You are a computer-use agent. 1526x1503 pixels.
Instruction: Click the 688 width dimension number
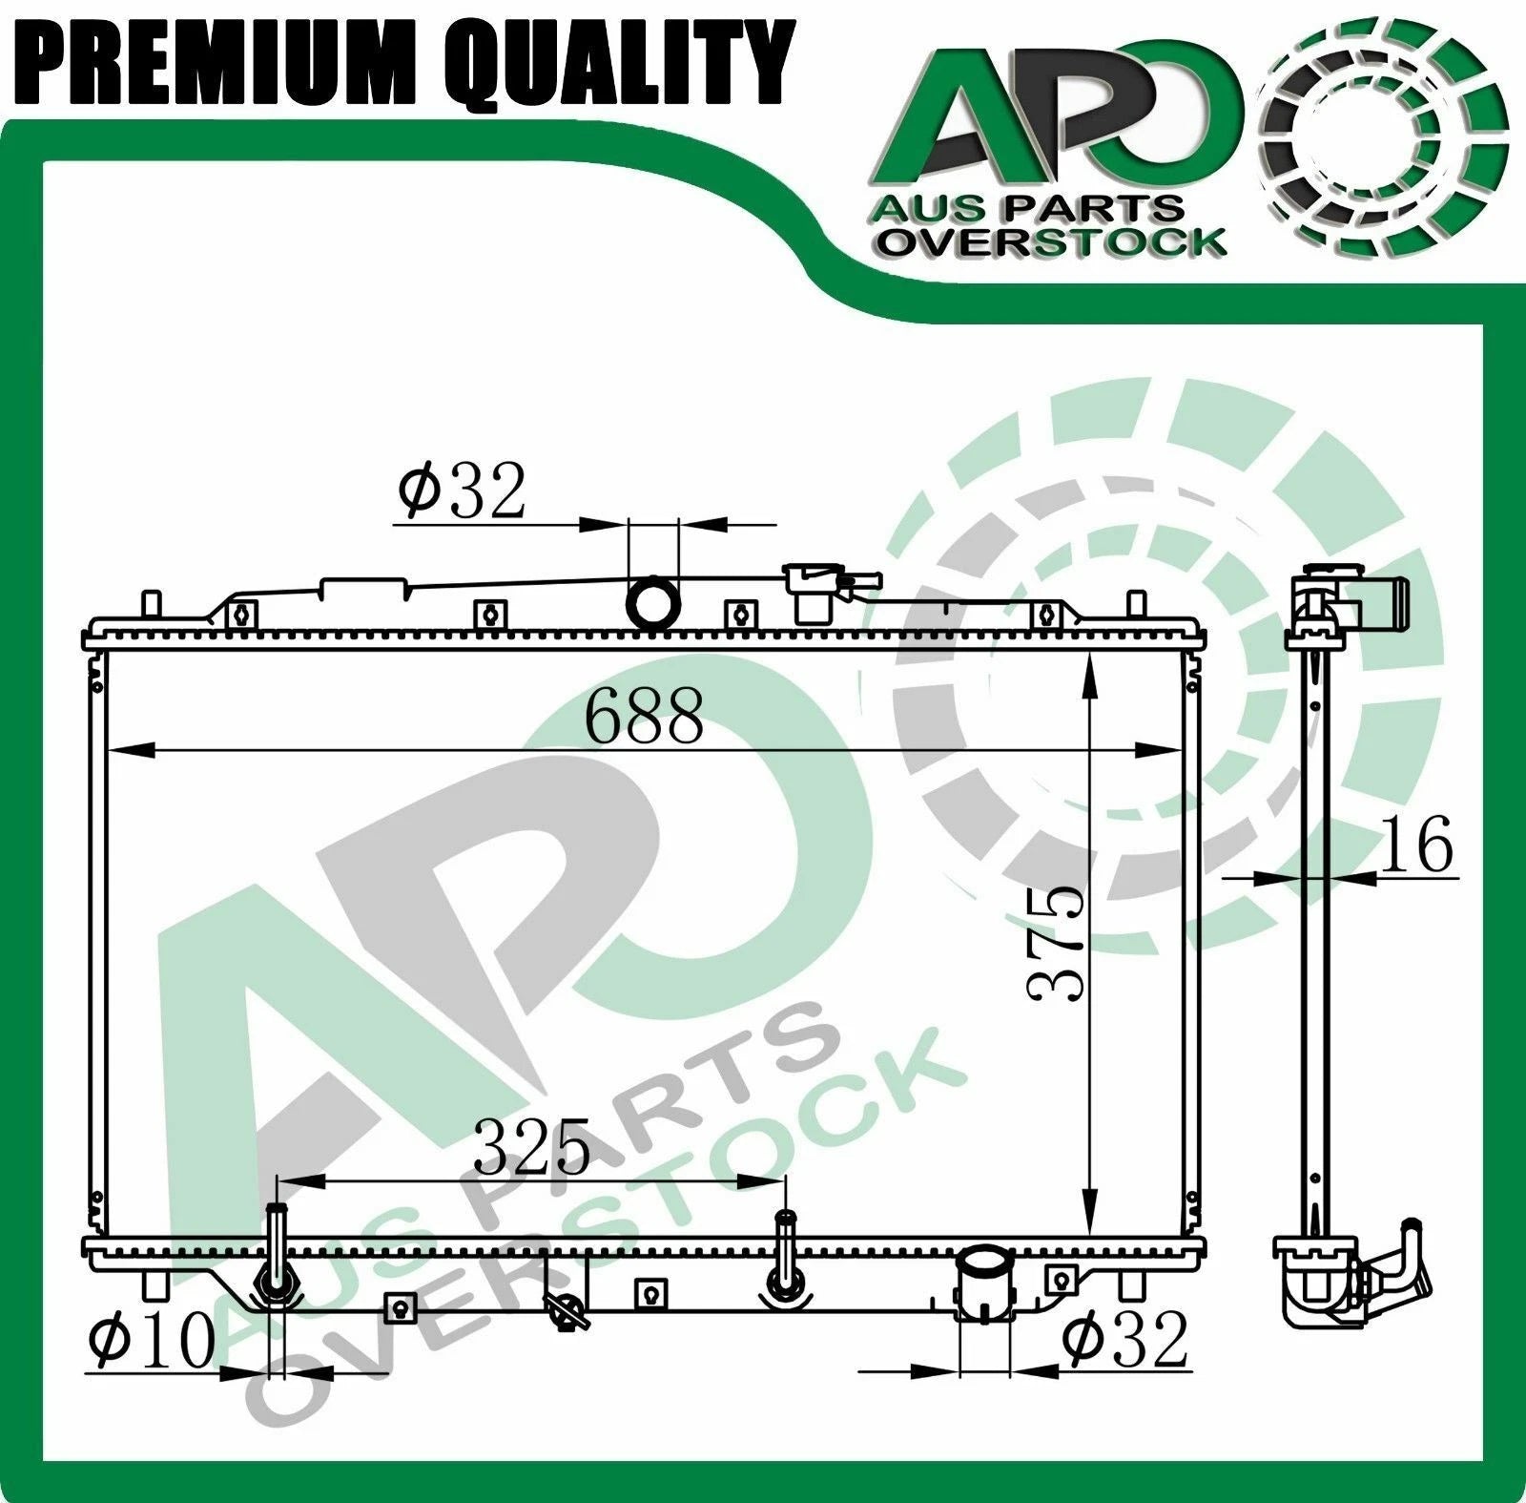644,716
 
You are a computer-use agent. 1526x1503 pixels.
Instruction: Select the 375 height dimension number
1057,943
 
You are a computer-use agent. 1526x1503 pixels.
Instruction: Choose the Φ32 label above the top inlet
462,490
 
